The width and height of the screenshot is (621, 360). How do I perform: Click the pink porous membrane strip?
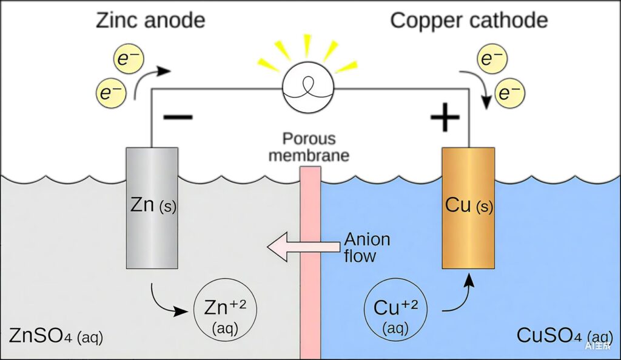pos(310,261)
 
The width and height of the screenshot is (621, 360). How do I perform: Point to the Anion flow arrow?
pos(303,247)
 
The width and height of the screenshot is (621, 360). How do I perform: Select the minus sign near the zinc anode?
pos(178,117)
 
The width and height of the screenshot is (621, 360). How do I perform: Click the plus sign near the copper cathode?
pos(444,117)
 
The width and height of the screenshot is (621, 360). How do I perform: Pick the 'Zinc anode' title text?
pos(150,21)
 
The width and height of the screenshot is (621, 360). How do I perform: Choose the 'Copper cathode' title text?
pos(469,21)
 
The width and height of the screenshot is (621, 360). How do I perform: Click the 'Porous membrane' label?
pos(309,147)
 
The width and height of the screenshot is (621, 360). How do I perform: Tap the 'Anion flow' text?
pos(366,247)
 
